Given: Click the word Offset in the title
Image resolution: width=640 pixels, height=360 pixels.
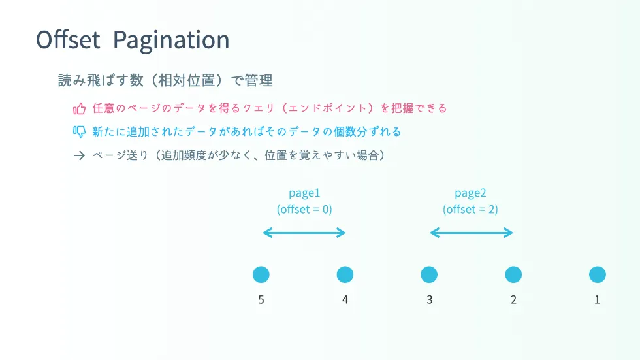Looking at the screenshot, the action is click(68, 40).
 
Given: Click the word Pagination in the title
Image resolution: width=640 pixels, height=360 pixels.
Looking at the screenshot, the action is click(171, 41).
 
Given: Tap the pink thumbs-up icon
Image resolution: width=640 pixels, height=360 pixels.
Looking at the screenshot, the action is click(79, 108).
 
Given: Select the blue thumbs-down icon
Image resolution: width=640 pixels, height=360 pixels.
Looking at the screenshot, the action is click(79, 132).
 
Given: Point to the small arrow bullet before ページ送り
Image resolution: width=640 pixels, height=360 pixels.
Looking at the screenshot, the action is click(79, 155).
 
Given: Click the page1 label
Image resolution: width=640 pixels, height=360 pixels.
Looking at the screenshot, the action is click(304, 193).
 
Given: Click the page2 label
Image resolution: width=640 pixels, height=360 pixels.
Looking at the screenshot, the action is click(470, 193).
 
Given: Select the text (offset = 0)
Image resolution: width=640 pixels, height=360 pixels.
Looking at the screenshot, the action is click(304, 209).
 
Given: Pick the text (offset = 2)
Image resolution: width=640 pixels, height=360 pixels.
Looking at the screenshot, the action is click(470, 209).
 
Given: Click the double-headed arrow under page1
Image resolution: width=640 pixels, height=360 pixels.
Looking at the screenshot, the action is click(304, 233).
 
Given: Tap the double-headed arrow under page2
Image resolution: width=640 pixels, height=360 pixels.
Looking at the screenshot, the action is click(472, 233).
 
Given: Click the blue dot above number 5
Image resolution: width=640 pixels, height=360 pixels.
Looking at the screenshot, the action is click(261, 274).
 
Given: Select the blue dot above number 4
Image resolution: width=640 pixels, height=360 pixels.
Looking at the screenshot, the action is click(345, 274).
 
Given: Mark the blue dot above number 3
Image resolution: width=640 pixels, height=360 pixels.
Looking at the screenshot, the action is click(429, 274).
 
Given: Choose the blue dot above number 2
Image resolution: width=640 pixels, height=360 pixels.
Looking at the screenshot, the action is click(513, 274).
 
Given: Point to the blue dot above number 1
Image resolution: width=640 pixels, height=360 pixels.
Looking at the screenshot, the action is click(598, 274).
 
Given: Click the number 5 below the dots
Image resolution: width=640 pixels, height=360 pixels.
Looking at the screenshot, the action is click(261, 300).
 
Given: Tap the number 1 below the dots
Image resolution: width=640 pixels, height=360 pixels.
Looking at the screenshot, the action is click(597, 300).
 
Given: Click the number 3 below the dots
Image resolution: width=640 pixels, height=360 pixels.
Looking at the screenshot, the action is click(430, 300).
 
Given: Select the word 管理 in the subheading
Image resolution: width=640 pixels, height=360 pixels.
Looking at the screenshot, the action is click(259, 80).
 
